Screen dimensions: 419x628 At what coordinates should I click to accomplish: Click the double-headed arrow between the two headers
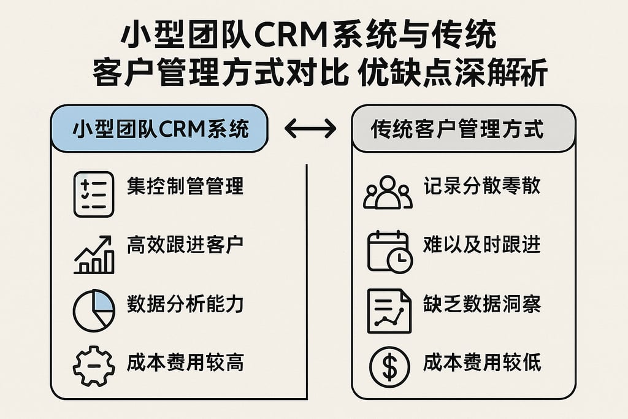tap(311, 129)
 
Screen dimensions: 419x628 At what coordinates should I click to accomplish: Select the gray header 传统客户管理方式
tap(463, 129)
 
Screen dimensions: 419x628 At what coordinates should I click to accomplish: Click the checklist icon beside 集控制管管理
tap(93, 194)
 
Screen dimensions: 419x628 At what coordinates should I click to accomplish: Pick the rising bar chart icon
tap(94, 254)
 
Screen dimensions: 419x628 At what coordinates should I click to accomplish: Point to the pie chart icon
tap(94, 310)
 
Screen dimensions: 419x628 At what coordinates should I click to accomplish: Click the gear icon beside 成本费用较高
tap(93, 366)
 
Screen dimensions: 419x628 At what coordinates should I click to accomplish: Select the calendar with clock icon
tap(389, 252)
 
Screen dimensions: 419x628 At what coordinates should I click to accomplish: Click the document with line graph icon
tap(389, 310)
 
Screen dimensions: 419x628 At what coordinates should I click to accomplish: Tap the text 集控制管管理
tap(185, 186)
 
